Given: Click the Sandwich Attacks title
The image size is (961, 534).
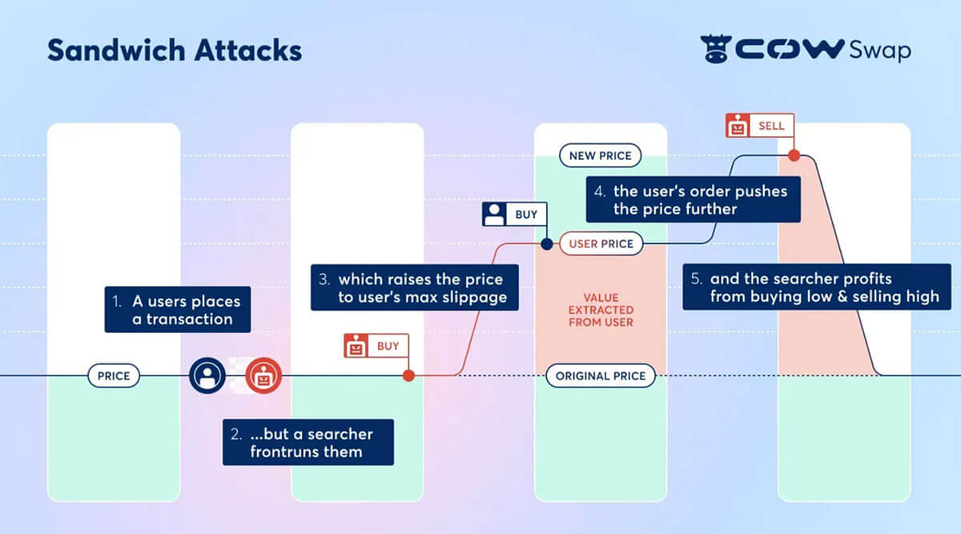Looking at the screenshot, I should click(x=175, y=50).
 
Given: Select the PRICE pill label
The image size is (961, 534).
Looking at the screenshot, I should click(x=114, y=375).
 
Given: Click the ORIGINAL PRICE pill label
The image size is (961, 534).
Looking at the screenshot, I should click(x=601, y=375).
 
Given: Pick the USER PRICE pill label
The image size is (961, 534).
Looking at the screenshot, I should click(x=601, y=243).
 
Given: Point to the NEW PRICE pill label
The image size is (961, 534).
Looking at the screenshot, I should click(x=600, y=155).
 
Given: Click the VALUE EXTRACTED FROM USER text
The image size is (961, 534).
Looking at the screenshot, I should click(x=601, y=310).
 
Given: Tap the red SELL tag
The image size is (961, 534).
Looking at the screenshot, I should click(x=757, y=126).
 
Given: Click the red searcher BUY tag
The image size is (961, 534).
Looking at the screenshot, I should click(x=376, y=347).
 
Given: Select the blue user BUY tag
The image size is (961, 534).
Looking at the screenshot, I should click(x=515, y=215).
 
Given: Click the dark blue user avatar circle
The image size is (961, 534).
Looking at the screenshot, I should click(x=207, y=375).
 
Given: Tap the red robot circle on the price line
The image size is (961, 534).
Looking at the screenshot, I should click(x=263, y=375).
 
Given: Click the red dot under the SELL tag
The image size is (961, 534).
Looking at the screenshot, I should click(x=794, y=155).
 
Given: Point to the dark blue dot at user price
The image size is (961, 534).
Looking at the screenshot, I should click(x=547, y=243).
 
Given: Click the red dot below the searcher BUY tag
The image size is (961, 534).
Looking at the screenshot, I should click(x=408, y=375).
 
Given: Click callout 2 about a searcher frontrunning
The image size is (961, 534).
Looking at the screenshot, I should click(x=308, y=443).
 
